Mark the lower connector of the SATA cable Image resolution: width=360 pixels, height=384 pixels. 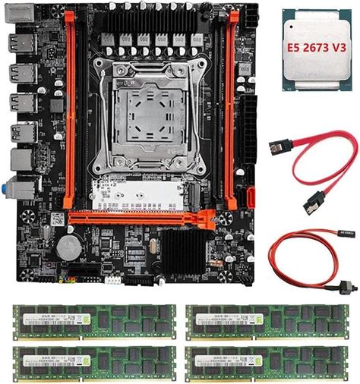coord(312,203)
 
